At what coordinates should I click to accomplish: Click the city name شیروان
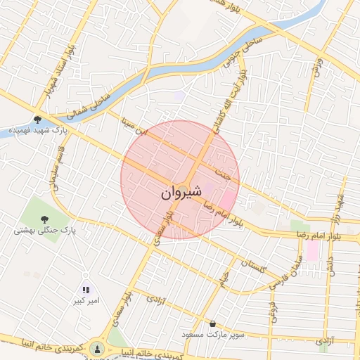(181, 191)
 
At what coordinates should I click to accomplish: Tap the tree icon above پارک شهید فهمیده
(37, 120)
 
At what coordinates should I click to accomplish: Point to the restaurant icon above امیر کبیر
(86, 289)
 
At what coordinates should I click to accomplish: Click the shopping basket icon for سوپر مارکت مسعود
(213, 323)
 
